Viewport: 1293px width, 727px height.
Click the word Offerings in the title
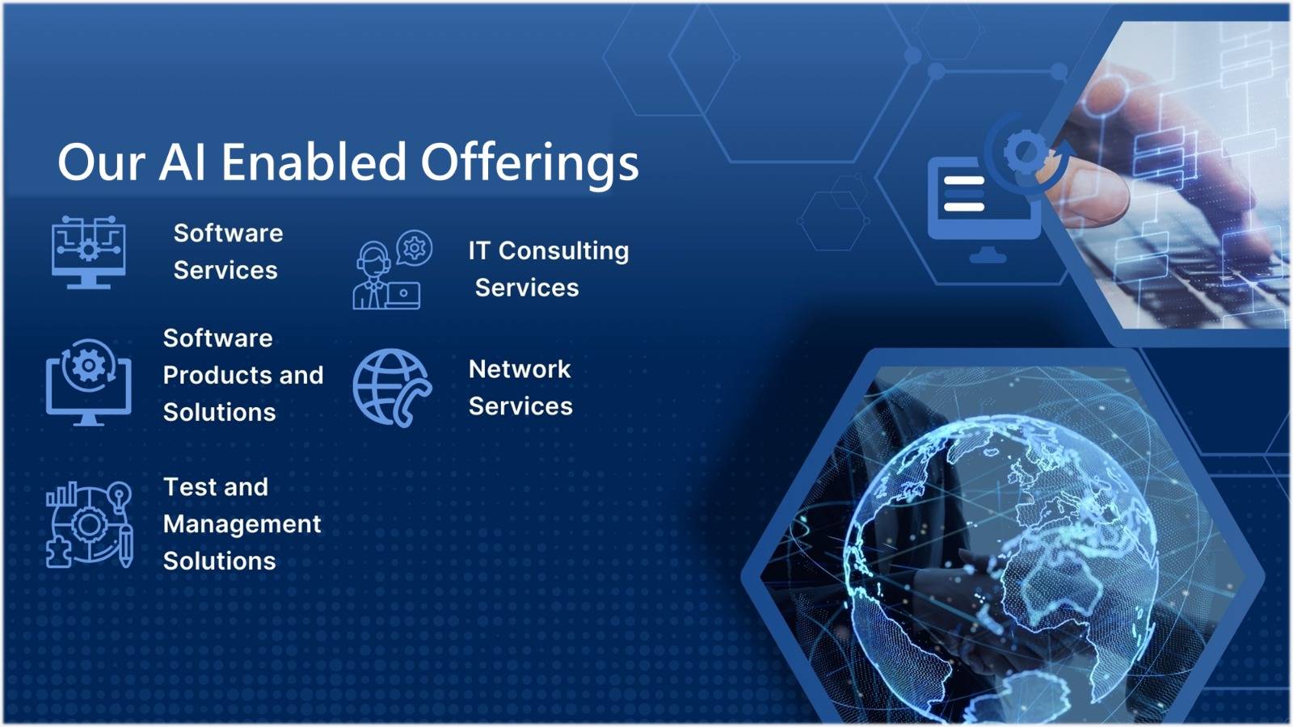pos(529,163)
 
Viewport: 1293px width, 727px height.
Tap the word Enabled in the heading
pos(314,162)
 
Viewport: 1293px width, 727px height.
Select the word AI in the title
pos(182,162)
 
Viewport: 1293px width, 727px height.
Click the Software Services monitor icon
pos(88,252)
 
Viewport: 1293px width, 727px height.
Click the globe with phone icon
pos(392,388)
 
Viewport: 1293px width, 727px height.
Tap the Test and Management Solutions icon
pos(90,524)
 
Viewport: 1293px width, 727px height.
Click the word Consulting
pos(563,251)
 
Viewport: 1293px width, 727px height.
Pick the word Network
pos(520,369)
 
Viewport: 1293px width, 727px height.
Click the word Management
pos(242,525)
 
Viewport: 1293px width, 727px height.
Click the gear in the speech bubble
pos(415,248)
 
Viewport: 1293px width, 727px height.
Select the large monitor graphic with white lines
pos(984,210)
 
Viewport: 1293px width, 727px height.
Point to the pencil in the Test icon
pos(126,545)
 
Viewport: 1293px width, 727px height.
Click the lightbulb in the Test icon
pos(120,496)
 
